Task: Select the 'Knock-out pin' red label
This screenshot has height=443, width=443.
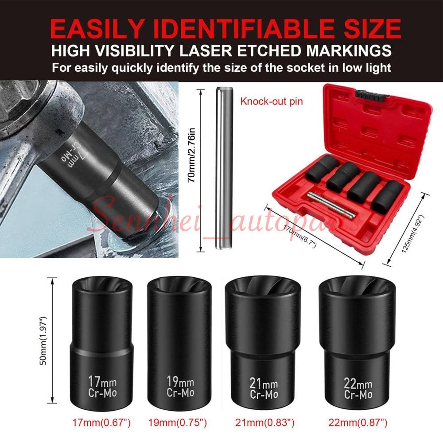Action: (272, 101)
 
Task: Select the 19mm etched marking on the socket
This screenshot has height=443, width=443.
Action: (180, 381)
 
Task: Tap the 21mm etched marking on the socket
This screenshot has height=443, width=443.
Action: (264, 384)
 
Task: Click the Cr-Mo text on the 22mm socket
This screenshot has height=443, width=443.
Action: (358, 394)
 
